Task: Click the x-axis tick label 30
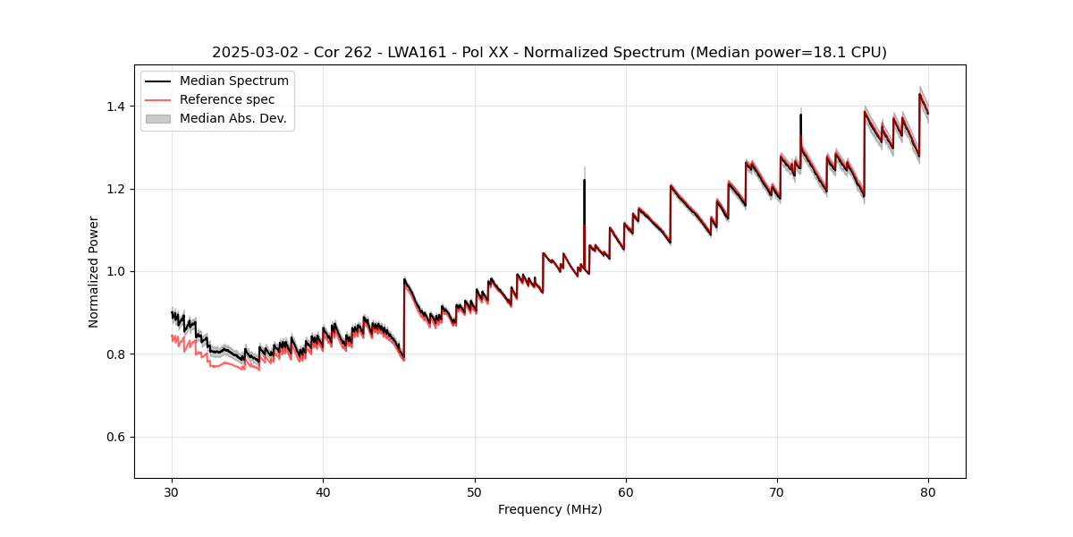point(172,492)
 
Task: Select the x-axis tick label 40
point(323,492)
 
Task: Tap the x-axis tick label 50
point(475,492)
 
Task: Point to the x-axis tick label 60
point(626,492)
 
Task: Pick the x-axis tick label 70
point(777,492)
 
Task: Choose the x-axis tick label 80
point(928,492)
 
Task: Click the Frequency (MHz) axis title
point(550,509)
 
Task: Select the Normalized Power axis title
point(93,271)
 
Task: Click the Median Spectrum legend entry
point(233,81)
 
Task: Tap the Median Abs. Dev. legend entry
point(232,118)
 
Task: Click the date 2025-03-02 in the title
point(250,53)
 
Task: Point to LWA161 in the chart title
point(417,53)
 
